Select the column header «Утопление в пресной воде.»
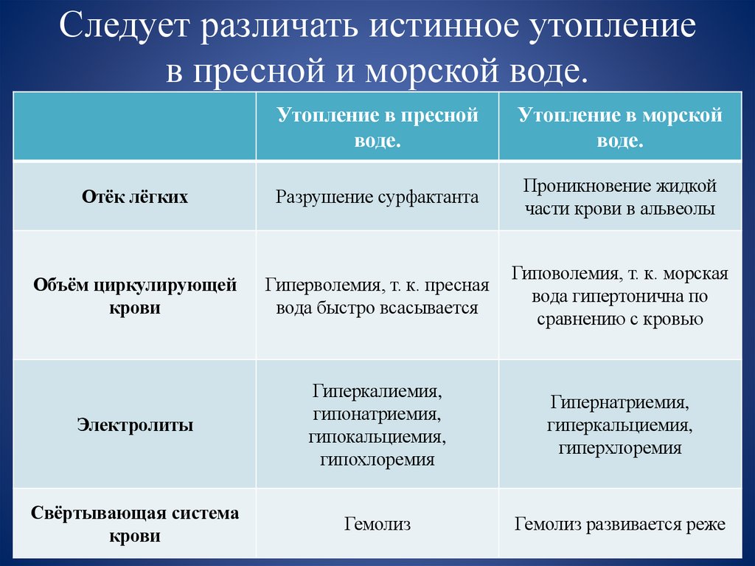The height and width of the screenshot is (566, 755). [377, 128]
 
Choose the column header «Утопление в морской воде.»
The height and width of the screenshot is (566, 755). [619, 128]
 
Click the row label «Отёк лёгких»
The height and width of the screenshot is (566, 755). [135, 197]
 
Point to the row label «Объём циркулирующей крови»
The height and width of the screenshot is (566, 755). [135, 296]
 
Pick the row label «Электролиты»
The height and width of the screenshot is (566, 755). [135, 425]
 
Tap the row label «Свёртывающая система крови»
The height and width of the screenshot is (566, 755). [135, 524]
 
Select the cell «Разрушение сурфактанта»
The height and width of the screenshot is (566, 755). [377, 197]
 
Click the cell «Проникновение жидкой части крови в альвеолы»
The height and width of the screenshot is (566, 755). [619, 197]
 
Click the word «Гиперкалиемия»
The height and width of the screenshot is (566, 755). [377, 389]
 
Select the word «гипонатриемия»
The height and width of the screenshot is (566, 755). [377, 413]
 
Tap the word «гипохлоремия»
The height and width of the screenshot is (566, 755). [377, 460]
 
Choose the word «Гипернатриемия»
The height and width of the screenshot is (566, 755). [619, 403]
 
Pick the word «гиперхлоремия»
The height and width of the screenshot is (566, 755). [619, 448]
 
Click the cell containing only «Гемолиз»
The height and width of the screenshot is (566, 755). [377, 525]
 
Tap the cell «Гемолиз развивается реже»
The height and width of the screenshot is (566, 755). [619, 525]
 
